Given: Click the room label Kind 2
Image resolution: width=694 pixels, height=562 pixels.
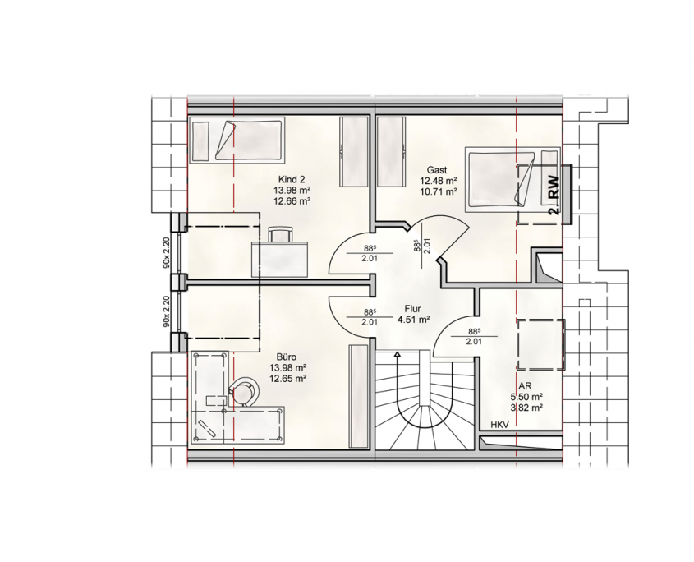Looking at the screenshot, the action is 292,179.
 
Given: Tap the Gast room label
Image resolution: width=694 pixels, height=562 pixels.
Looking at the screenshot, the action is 437,169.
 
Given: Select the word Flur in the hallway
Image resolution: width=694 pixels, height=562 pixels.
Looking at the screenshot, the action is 412,309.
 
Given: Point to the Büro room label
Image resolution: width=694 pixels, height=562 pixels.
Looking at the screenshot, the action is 287,357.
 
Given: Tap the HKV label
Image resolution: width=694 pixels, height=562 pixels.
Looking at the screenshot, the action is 499,425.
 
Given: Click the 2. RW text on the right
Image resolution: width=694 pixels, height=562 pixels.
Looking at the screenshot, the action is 554,196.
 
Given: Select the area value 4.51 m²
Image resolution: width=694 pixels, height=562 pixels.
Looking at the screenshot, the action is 414,320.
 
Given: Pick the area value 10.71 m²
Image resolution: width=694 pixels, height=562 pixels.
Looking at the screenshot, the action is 439,191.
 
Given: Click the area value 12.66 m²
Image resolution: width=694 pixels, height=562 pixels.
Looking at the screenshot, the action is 292,200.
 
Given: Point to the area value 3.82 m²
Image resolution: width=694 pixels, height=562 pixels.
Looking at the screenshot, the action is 526,408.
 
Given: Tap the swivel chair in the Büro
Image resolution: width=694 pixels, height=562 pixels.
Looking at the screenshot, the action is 244,390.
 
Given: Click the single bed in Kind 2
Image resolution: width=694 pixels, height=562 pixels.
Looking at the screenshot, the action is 237,140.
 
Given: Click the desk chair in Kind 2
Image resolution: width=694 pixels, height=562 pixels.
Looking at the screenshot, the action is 281,235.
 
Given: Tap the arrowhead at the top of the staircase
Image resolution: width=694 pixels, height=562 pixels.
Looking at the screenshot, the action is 398,354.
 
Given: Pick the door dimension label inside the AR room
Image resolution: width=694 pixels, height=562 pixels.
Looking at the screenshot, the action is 474,336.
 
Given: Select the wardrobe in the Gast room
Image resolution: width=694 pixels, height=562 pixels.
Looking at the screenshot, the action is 391,152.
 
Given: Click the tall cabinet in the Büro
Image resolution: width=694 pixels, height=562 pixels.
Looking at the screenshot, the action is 359,396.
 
